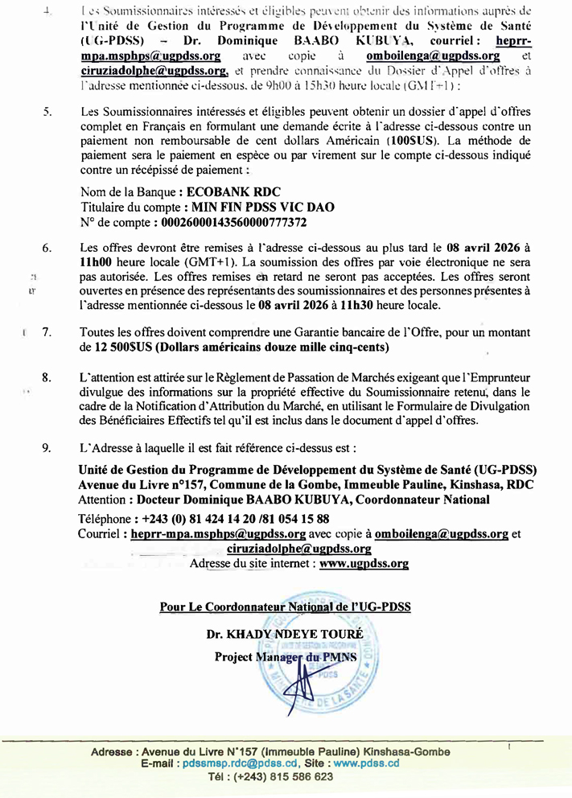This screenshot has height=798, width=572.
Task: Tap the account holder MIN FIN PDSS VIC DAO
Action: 260,206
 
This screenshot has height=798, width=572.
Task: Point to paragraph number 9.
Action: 47,446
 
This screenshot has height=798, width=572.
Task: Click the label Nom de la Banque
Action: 130,192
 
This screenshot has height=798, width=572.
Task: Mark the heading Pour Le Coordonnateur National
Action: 285,606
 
